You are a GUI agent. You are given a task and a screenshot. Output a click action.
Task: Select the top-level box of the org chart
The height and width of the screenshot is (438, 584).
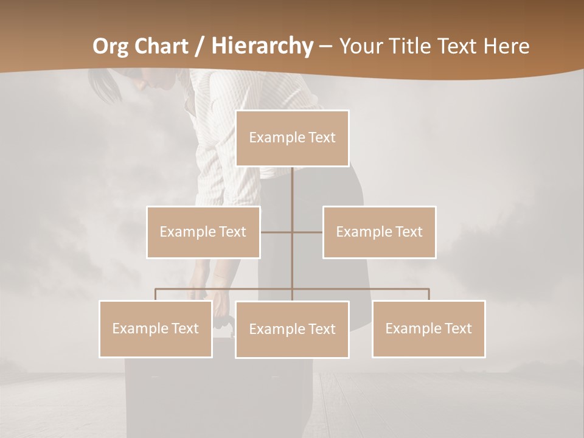click(292, 138)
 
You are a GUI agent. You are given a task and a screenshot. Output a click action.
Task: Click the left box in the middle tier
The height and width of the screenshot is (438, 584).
click(203, 232)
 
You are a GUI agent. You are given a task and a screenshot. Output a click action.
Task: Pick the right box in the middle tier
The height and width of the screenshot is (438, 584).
click(380, 232)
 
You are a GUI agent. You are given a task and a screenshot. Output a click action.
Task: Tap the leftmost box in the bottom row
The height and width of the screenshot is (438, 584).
click(156, 328)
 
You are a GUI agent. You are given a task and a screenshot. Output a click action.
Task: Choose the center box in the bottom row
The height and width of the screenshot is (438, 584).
click(292, 329)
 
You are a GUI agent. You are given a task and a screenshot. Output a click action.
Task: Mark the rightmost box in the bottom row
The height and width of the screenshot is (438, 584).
click(429, 328)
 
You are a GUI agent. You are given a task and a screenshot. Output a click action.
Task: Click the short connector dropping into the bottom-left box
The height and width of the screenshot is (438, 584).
click(156, 294)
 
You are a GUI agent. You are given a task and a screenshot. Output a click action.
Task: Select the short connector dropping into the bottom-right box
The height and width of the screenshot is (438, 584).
click(429, 294)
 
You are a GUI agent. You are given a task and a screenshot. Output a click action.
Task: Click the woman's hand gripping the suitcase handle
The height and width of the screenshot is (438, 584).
click(222, 319)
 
